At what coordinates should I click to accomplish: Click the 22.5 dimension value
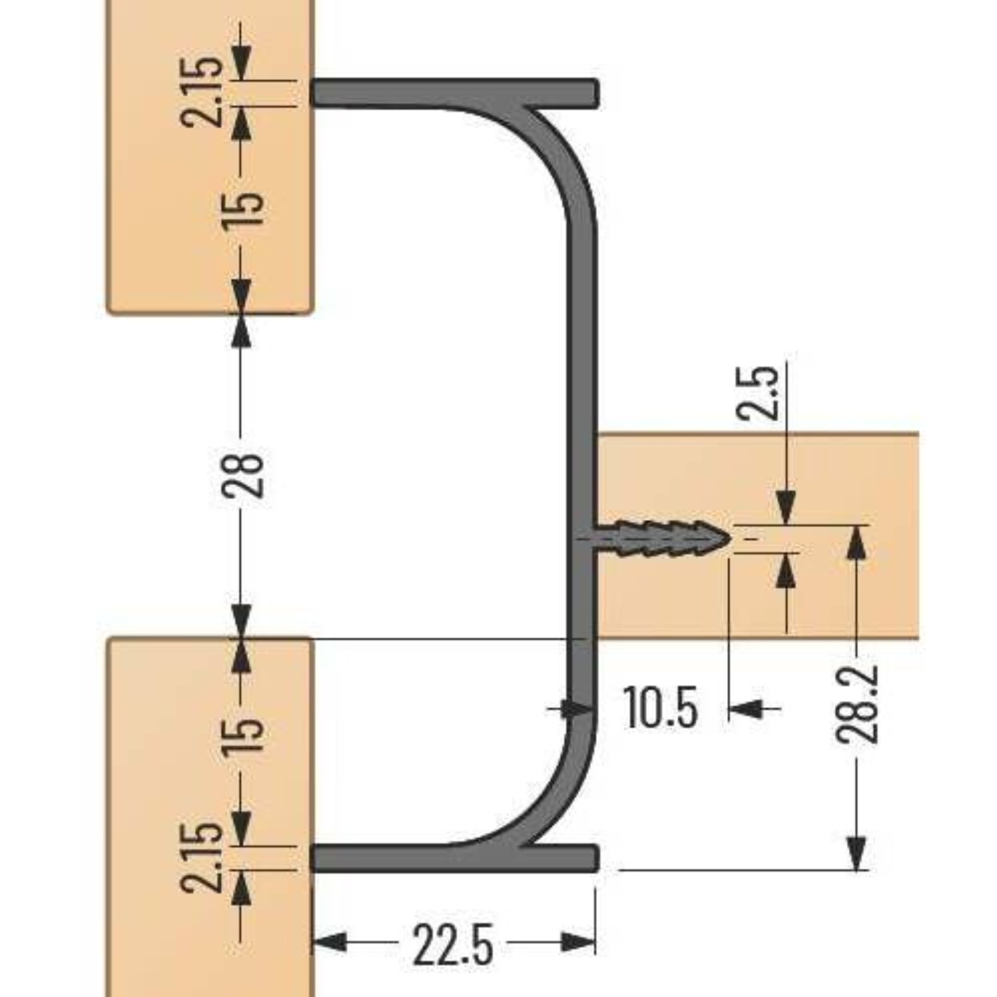pos(453,944)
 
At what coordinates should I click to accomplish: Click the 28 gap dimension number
pos(242,475)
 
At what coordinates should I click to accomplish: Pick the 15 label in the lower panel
pos(242,737)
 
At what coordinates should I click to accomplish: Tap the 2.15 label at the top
pos(201,92)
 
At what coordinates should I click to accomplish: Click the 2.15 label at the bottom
pos(201,857)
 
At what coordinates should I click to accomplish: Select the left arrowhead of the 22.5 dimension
pos(328,942)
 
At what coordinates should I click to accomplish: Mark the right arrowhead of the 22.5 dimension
pos(578,942)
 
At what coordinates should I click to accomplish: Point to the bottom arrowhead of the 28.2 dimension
pos(858,853)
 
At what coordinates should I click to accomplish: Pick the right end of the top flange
pos(597,93)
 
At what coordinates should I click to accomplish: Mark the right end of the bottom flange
pos(597,859)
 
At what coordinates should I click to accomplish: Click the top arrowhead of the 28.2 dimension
pos(858,543)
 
